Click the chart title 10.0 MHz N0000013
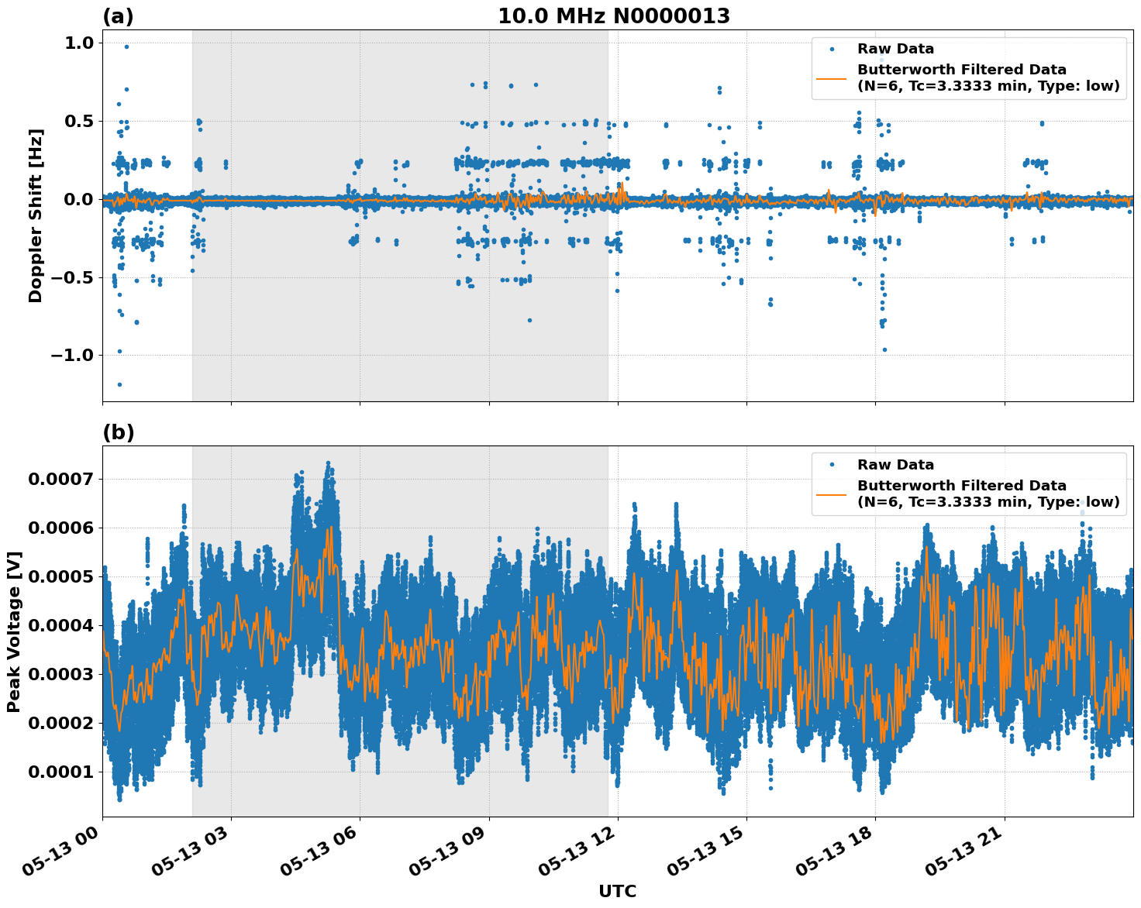pyautogui.click(x=613, y=16)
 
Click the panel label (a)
pyautogui.click(x=118, y=16)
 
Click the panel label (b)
pyautogui.click(x=118, y=432)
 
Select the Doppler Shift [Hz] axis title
pyautogui.click(x=36, y=215)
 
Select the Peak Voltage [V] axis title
pyautogui.click(x=14, y=631)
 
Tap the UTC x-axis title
pyautogui.click(x=617, y=891)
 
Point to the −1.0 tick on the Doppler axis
pyautogui.click(x=71, y=355)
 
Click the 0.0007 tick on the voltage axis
pyautogui.click(x=60, y=479)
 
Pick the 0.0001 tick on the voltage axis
pyautogui.click(x=60, y=772)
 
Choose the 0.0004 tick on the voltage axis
pyautogui.click(x=60, y=625)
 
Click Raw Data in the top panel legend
pyautogui.click(x=895, y=49)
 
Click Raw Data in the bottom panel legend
pyautogui.click(x=895, y=465)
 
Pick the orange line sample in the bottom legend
pyautogui.click(x=831, y=494)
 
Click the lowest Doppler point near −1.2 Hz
pyautogui.click(x=119, y=384)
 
